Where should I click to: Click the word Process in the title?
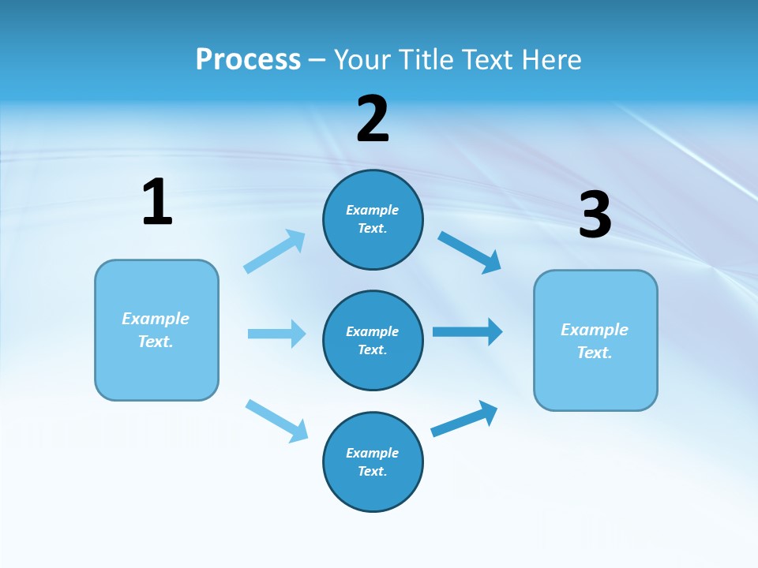[248, 59]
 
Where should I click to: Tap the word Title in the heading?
[422, 59]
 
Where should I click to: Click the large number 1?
[157, 202]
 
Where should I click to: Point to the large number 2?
[373, 119]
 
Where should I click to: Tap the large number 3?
[595, 215]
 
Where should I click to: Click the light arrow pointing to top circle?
[275, 252]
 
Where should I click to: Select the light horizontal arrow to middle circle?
[276, 334]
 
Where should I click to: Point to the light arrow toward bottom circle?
[276, 420]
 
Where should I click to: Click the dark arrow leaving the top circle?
[470, 252]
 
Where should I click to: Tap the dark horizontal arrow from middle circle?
[467, 331]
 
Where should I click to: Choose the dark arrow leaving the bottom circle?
[464, 419]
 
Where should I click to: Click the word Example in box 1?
[156, 319]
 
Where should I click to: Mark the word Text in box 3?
[594, 353]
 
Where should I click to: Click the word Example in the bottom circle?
[373, 453]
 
